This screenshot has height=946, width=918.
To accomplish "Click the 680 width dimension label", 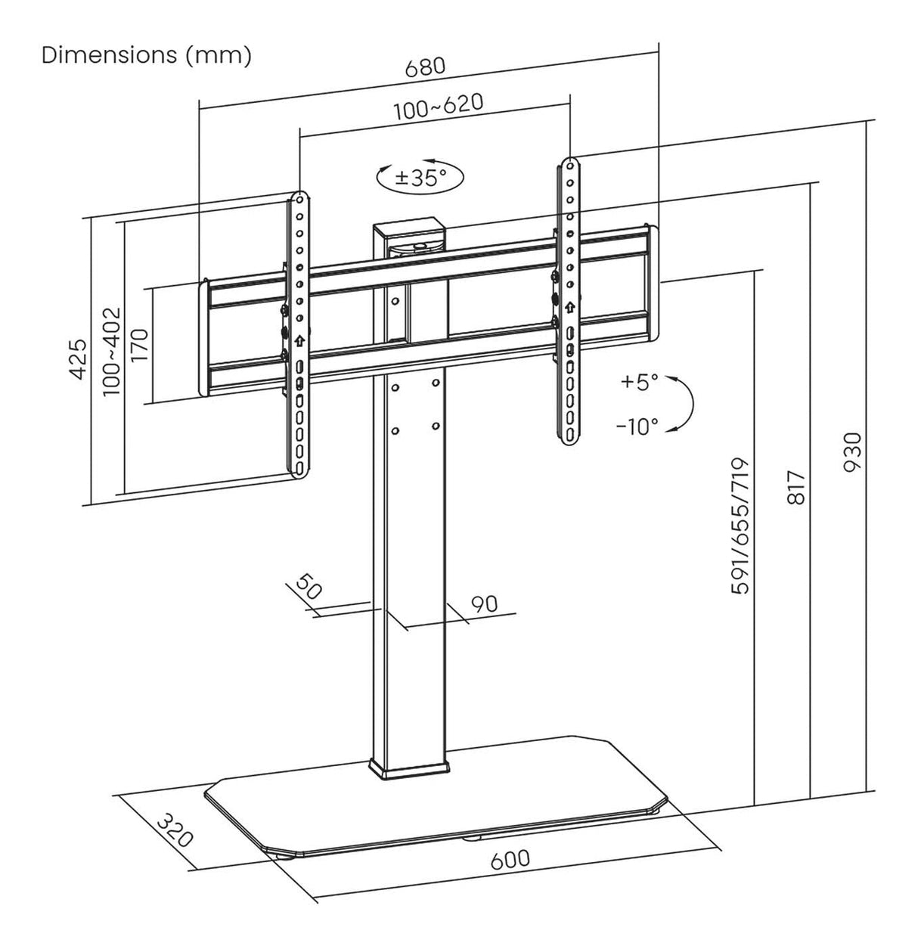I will click(x=425, y=67).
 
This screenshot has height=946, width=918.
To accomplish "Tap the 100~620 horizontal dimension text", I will click(x=439, y=107).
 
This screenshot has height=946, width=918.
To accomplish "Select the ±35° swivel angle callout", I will click(x=420, y=178).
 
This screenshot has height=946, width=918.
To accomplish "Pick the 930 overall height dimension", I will click(x=853, y=452).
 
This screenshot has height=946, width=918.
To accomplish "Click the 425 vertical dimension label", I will click(x=79, y=360).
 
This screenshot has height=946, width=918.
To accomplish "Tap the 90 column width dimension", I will click(x=484, y=603).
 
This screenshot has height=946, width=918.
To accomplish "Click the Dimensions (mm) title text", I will click(x=146, y=55).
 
